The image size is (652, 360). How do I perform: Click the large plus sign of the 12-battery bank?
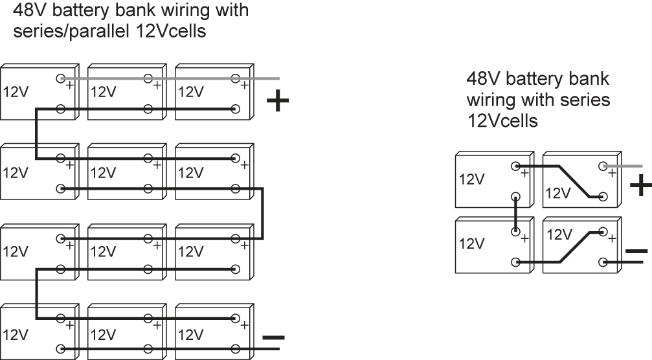[278, 102]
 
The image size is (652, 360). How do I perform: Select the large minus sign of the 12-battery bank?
[273, 337]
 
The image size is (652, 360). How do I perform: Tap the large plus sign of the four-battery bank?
[640, 185]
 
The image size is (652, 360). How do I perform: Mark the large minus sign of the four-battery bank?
[636, 250]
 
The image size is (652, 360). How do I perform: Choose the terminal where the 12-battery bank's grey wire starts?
[61, 78]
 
